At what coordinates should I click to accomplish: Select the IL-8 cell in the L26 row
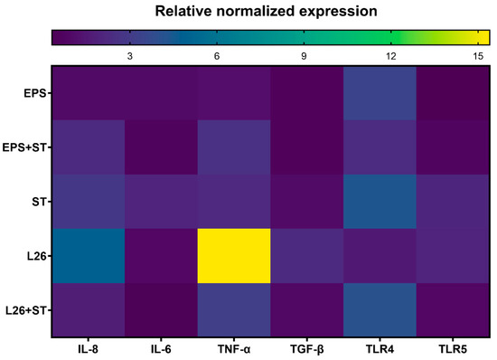[89, 256]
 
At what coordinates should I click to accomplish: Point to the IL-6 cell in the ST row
[161, 202]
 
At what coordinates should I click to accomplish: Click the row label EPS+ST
[27, 147]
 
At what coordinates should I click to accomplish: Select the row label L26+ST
[27, 310]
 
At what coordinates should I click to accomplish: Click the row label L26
[36, 256]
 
